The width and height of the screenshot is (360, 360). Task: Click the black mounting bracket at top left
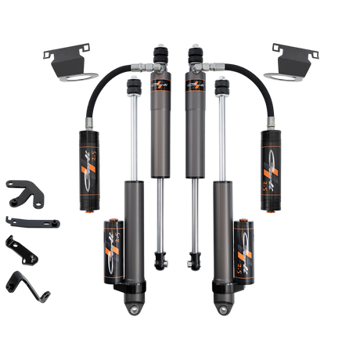pos(67,60)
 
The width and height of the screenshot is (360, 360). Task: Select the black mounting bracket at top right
pos(294,60)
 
